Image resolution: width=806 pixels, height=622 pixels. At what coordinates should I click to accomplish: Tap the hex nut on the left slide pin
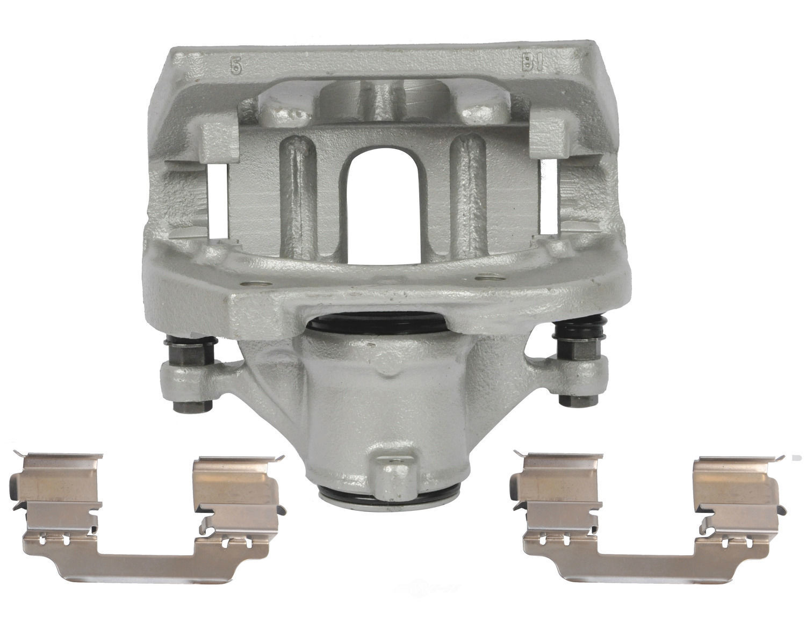point(192,354)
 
